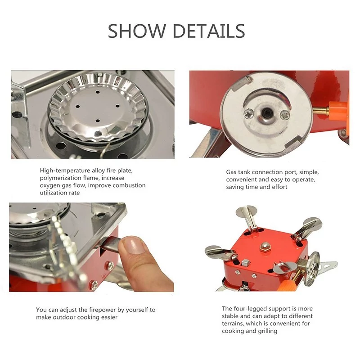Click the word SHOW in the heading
137,31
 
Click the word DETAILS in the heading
209,31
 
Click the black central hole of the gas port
267,113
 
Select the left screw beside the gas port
249,113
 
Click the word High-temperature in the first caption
65,171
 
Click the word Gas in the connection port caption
231,172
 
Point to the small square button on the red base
246,262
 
